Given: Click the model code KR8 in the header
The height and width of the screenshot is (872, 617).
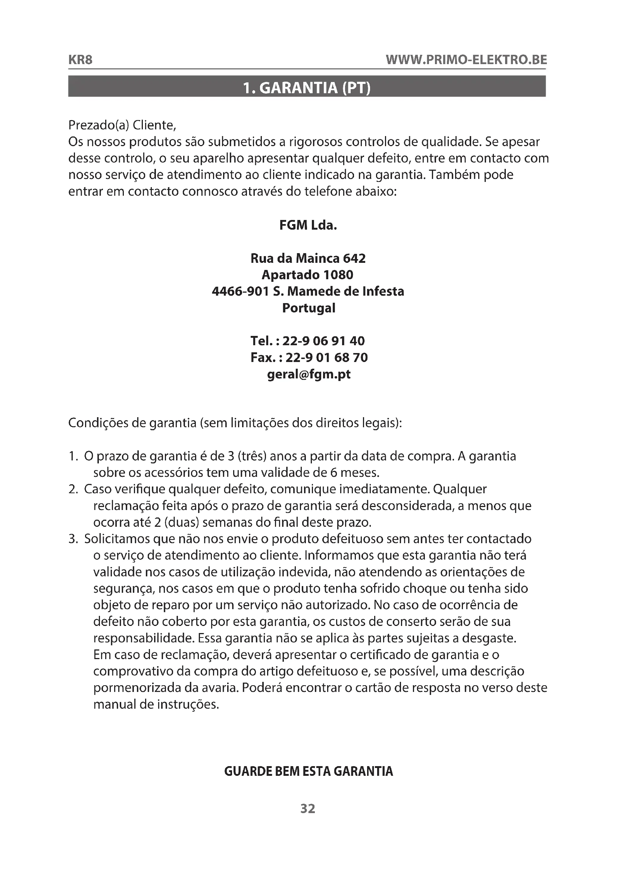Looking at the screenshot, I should pyautogui.click(x=80, y=60).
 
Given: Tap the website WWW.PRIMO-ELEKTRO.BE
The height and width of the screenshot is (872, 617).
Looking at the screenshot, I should pyautogui.click(x=466, y=60).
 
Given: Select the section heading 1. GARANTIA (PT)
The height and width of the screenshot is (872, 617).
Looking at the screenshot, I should pyautogui.click(x=307, y=88).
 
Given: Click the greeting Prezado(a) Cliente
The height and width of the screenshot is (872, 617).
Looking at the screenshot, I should pyautogui.click(x=122, y=125).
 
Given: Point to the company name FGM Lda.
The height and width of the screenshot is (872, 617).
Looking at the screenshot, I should pyautogui.click(x=308, y=226).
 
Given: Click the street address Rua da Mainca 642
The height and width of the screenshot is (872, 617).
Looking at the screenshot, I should pyautogui.click(x=308, y=259).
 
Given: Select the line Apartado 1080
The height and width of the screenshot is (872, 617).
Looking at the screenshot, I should pyautogui.click(x=308, y=275).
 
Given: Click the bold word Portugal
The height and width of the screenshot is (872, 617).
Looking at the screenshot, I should pyautogui.click(x=308, y=308).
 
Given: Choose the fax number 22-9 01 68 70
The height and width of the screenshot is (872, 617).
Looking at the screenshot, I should pyautogui.click(x=327, y=358).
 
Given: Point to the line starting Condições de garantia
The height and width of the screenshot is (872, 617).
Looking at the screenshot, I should pyautogui.click(x=235, y=423).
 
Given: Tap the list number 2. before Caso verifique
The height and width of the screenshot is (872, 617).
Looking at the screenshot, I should pyautogui.click(x=73, y=489).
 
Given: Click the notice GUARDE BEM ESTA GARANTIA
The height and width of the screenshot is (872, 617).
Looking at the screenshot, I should pyautogui.click(x=308, y=771).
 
